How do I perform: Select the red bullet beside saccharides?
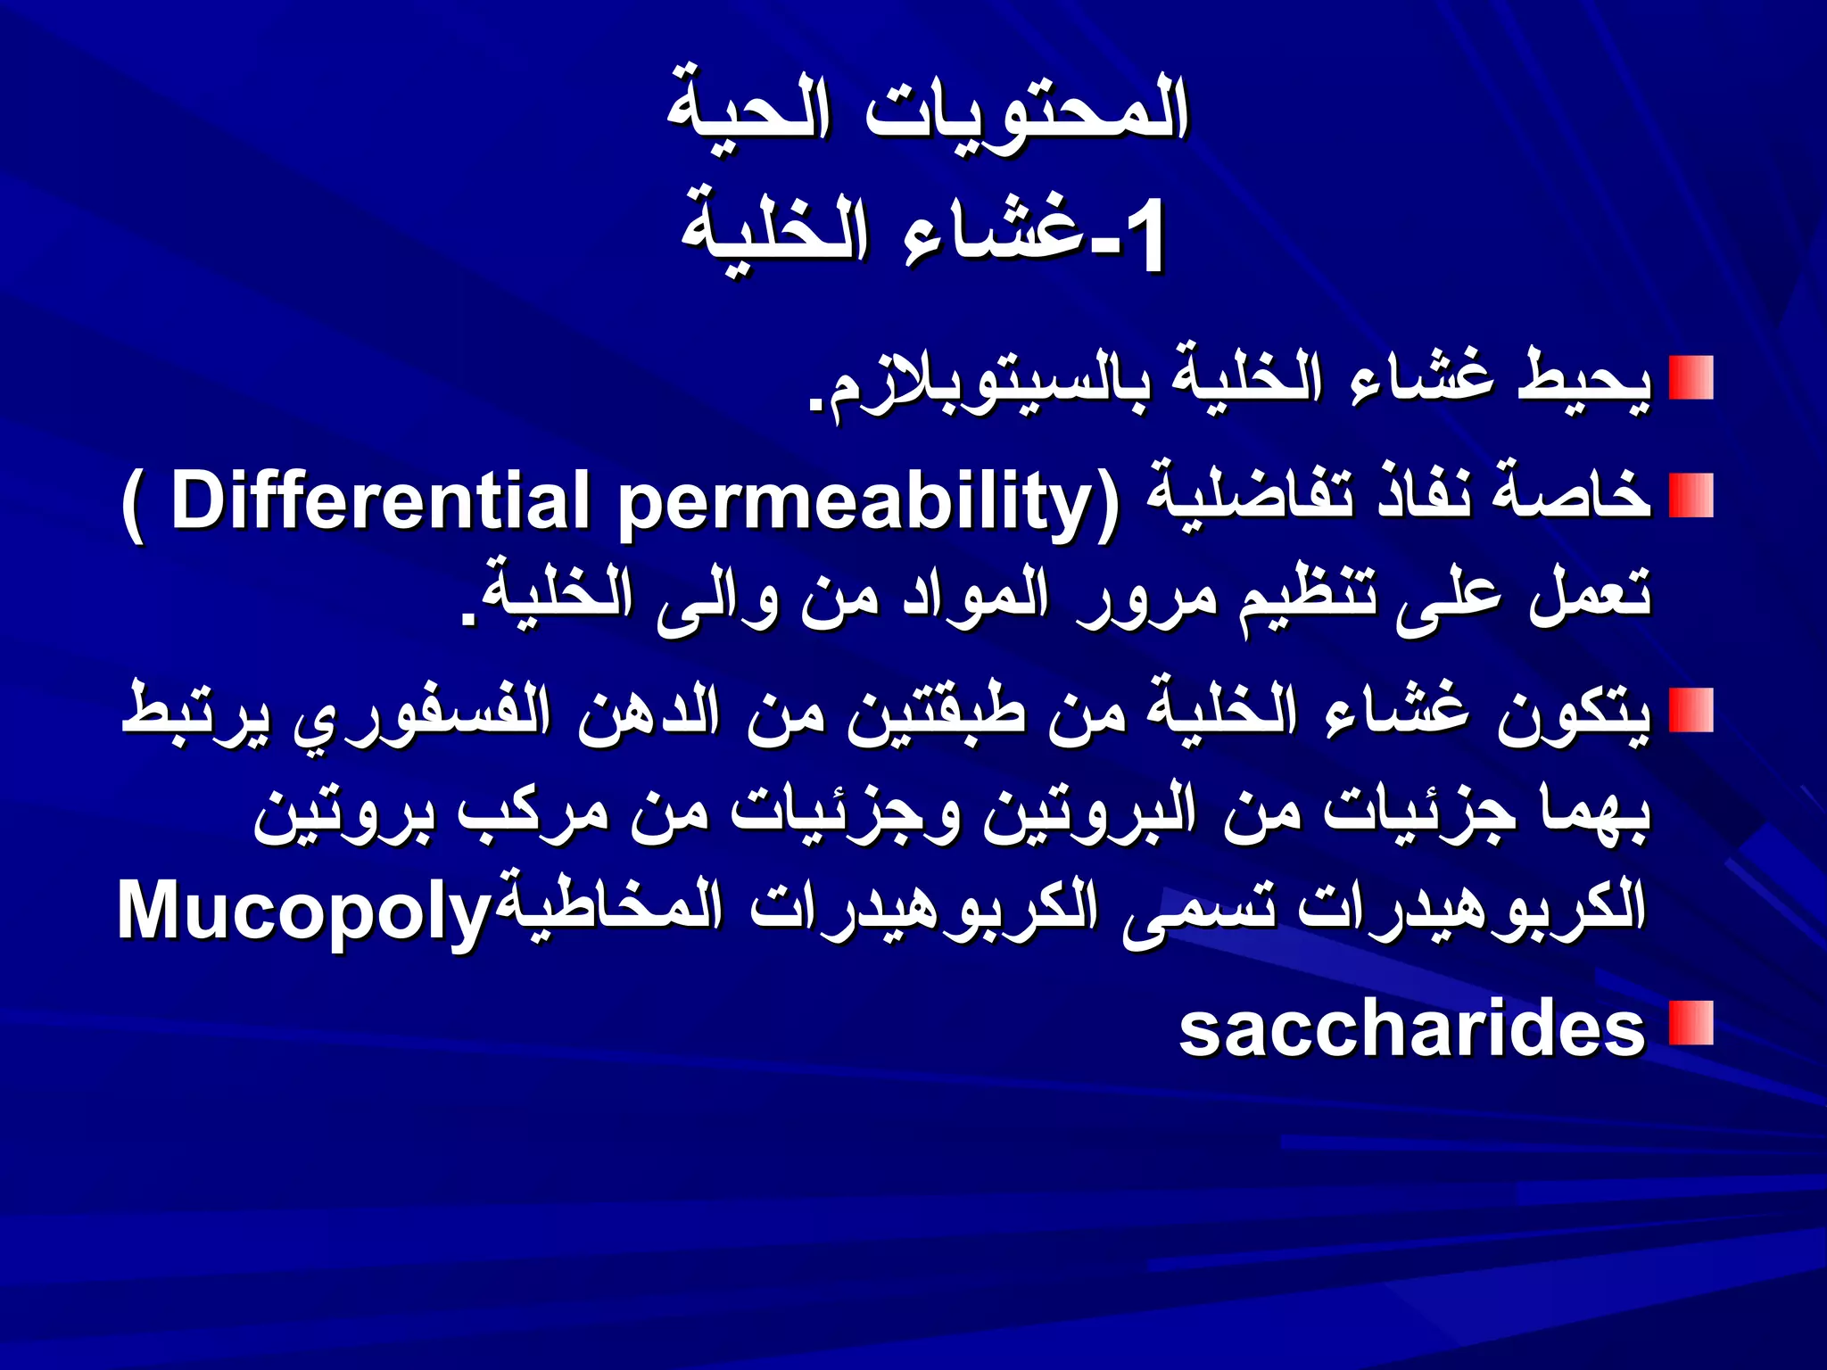(x=1691, y=1023)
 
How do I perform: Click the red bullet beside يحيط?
(x=1691, y=377)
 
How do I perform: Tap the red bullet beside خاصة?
(x=1691, y=495)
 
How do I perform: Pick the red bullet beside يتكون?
(x=1691, y=710)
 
